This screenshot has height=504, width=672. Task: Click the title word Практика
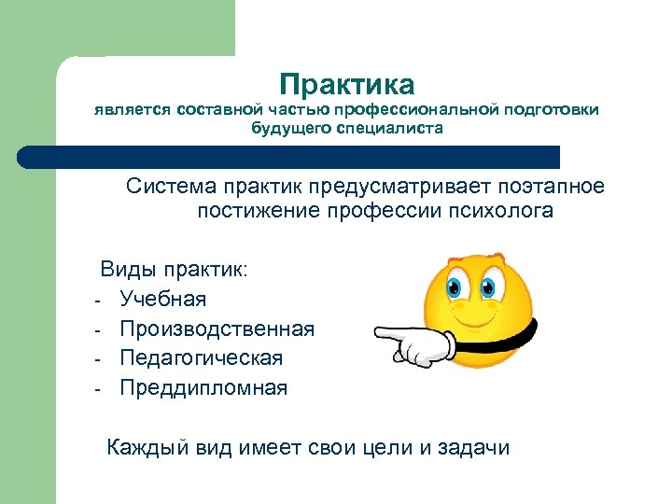(346, 85)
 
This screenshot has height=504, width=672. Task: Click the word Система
(170, 187)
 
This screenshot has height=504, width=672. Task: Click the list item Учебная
(163, 300)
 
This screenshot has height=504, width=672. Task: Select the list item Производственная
(217, 329)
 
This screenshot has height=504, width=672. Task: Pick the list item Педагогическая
(201, 358)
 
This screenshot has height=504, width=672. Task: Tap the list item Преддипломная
(203, 388)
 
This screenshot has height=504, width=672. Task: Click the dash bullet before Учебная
(96, 301)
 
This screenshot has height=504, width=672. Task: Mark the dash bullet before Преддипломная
(96, 389)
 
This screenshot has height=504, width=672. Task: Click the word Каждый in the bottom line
(149, 448)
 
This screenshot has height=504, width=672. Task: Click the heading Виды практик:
(175, 271)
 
